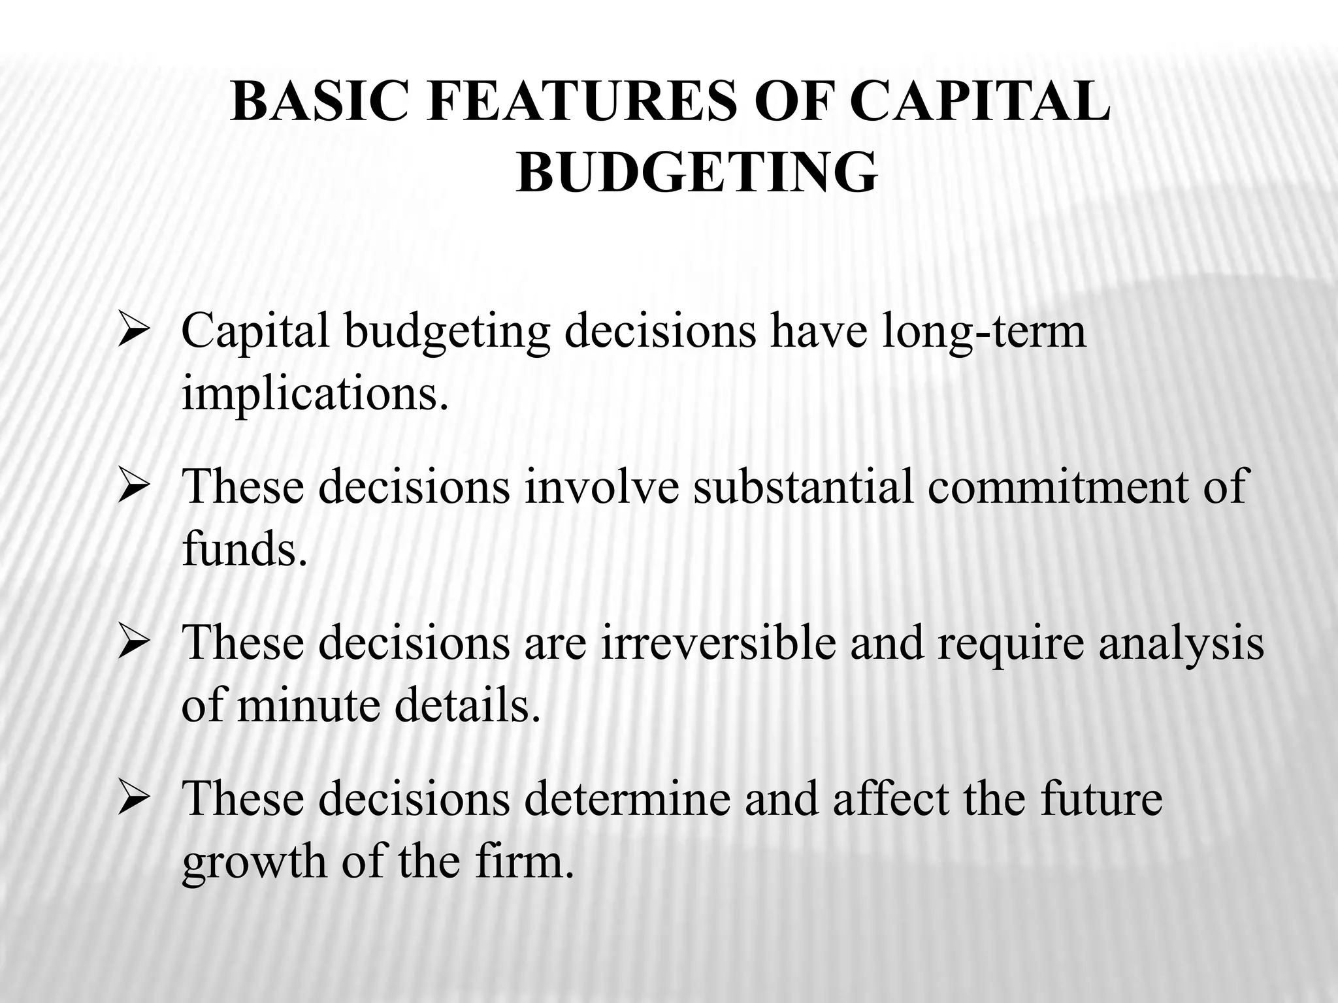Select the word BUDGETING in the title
696,173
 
